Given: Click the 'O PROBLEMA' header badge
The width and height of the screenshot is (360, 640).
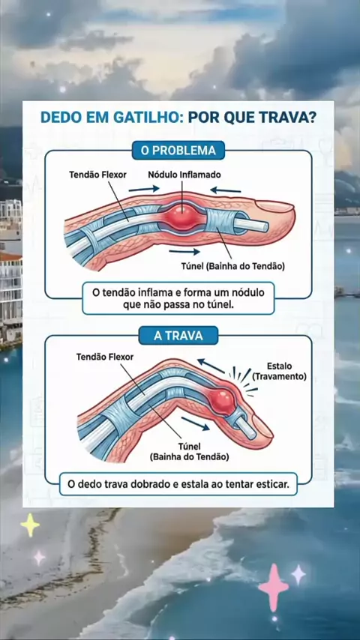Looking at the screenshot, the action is tap(178, 150).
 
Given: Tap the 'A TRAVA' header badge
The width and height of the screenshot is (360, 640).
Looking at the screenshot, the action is tap(178, 336).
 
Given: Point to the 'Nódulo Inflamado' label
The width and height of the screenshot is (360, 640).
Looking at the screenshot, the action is tap(184, 175).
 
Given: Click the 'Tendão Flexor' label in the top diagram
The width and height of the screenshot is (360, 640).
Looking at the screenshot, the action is tap(97, 175).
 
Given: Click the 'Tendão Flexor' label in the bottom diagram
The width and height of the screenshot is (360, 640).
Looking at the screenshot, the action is tap(104, 357).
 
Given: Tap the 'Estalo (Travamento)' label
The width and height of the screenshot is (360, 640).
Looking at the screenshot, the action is tap(279, 371).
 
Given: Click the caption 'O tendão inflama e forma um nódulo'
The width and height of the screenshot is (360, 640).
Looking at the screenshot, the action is tap(178, 293).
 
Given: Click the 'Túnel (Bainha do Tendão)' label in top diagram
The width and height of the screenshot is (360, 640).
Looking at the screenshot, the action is tap(233, 266).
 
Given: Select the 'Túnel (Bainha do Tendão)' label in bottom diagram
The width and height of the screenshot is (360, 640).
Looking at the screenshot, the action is tap(189, 451).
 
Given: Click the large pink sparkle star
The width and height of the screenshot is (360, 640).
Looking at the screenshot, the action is tap(273, 588).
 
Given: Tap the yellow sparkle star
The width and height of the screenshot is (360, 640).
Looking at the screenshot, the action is tap(30, 525).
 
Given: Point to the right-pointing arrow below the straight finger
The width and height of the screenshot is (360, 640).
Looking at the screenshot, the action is tap(184, 252).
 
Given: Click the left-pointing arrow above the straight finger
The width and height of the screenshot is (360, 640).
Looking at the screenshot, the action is tap(226, 190).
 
